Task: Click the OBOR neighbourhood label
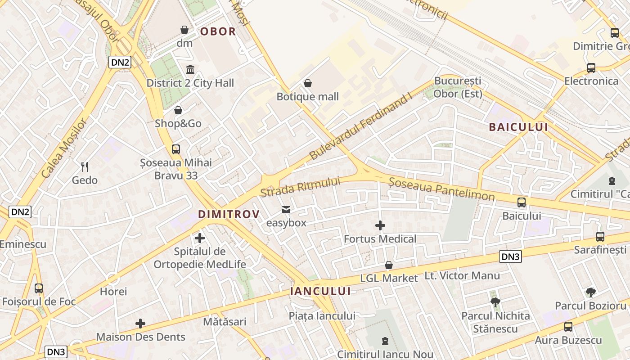click(x=218, y=31)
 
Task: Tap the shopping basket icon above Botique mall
click(x=308, y=83)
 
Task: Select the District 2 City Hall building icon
click(x=190, y=70)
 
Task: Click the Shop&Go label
click(x=178, y=123)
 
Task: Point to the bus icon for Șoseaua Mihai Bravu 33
click(x=175, y=149)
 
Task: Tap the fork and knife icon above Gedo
click(x=84, y=166)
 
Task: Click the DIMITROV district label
click(x=229, y=214)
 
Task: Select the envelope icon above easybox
click(x=286, y=209)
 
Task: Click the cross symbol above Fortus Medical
click(x=380, y=225)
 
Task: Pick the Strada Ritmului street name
click(x=300, y=187)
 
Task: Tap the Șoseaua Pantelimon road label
click(x=441, y=189)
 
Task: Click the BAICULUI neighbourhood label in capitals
click(x=518, y=127)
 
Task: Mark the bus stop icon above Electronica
click(x=591, y=68)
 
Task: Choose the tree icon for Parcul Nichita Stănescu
click(x=495, y=302)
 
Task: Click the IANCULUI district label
click(x=320, y=291)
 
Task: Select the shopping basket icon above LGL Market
click(x=389, y=265)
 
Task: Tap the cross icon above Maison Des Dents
click(x=140, y=323)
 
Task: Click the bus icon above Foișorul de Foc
click(x=39, y=288)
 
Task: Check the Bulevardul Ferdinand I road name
click(x=361, y=128)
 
